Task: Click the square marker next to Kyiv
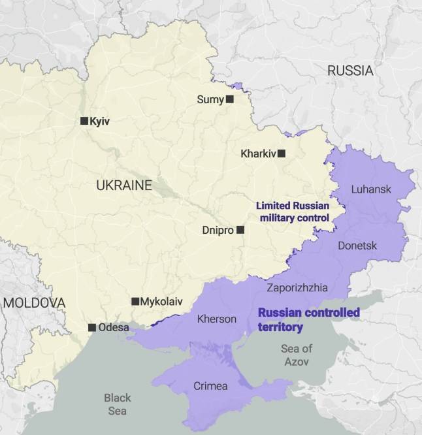pyautogui.click(x=84, y=121)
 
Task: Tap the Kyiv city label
pyautogui.click(x=100, y=121)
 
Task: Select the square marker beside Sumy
pyautogui.click(x=229, y=99)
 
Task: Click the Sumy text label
pyautogui.click(x=210, y=99)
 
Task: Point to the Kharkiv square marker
pyautogui.click(x=282, y=153)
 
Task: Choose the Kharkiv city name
pyautogui.click(x=258, y=154)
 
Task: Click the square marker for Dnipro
pyautogui.click(x=240, y=230)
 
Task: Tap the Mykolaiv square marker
pyautogui.click(x=135, y=301)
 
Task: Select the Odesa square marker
pyautogui.click(x=92, y=327)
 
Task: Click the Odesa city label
pyautogui.click(x=114, y=327)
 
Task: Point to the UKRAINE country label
pyautogui.click(x=123, y=185)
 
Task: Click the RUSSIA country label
pyautogui.click(x=350, y=71)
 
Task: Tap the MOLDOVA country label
pyautogui.click(x=34, y=303)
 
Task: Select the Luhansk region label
pyautogui.click(x=371, y=189)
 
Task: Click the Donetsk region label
pyautogui.click(x=357, y=246)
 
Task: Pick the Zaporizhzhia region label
pyautogui.click(x=297, y=287)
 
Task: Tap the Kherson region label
pyautogui.click(x=216, y=319)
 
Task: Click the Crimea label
pyautogui.click(x=210, y=386)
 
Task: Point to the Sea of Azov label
pyautogui.click(x=296, y=355)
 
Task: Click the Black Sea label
pyautogui.click(x=118, y=404)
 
